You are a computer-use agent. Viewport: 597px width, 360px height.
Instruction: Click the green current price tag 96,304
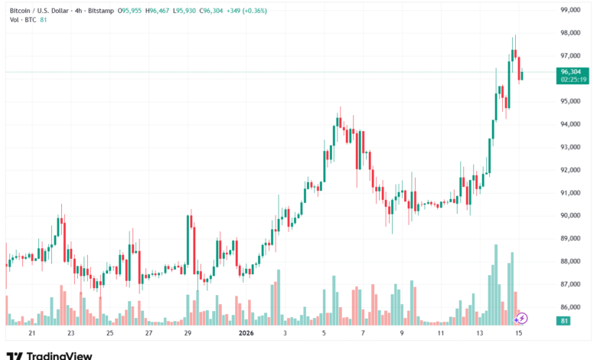(x=572, y=71)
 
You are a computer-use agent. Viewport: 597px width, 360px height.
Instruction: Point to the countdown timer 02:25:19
(x=572, y=79)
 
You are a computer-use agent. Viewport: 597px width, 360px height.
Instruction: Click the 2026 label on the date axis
(x=246, y=334)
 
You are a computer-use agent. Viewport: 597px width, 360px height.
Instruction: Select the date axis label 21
(x=31, y=334)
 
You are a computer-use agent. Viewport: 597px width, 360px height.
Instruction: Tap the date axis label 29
(x=188, y=334)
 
